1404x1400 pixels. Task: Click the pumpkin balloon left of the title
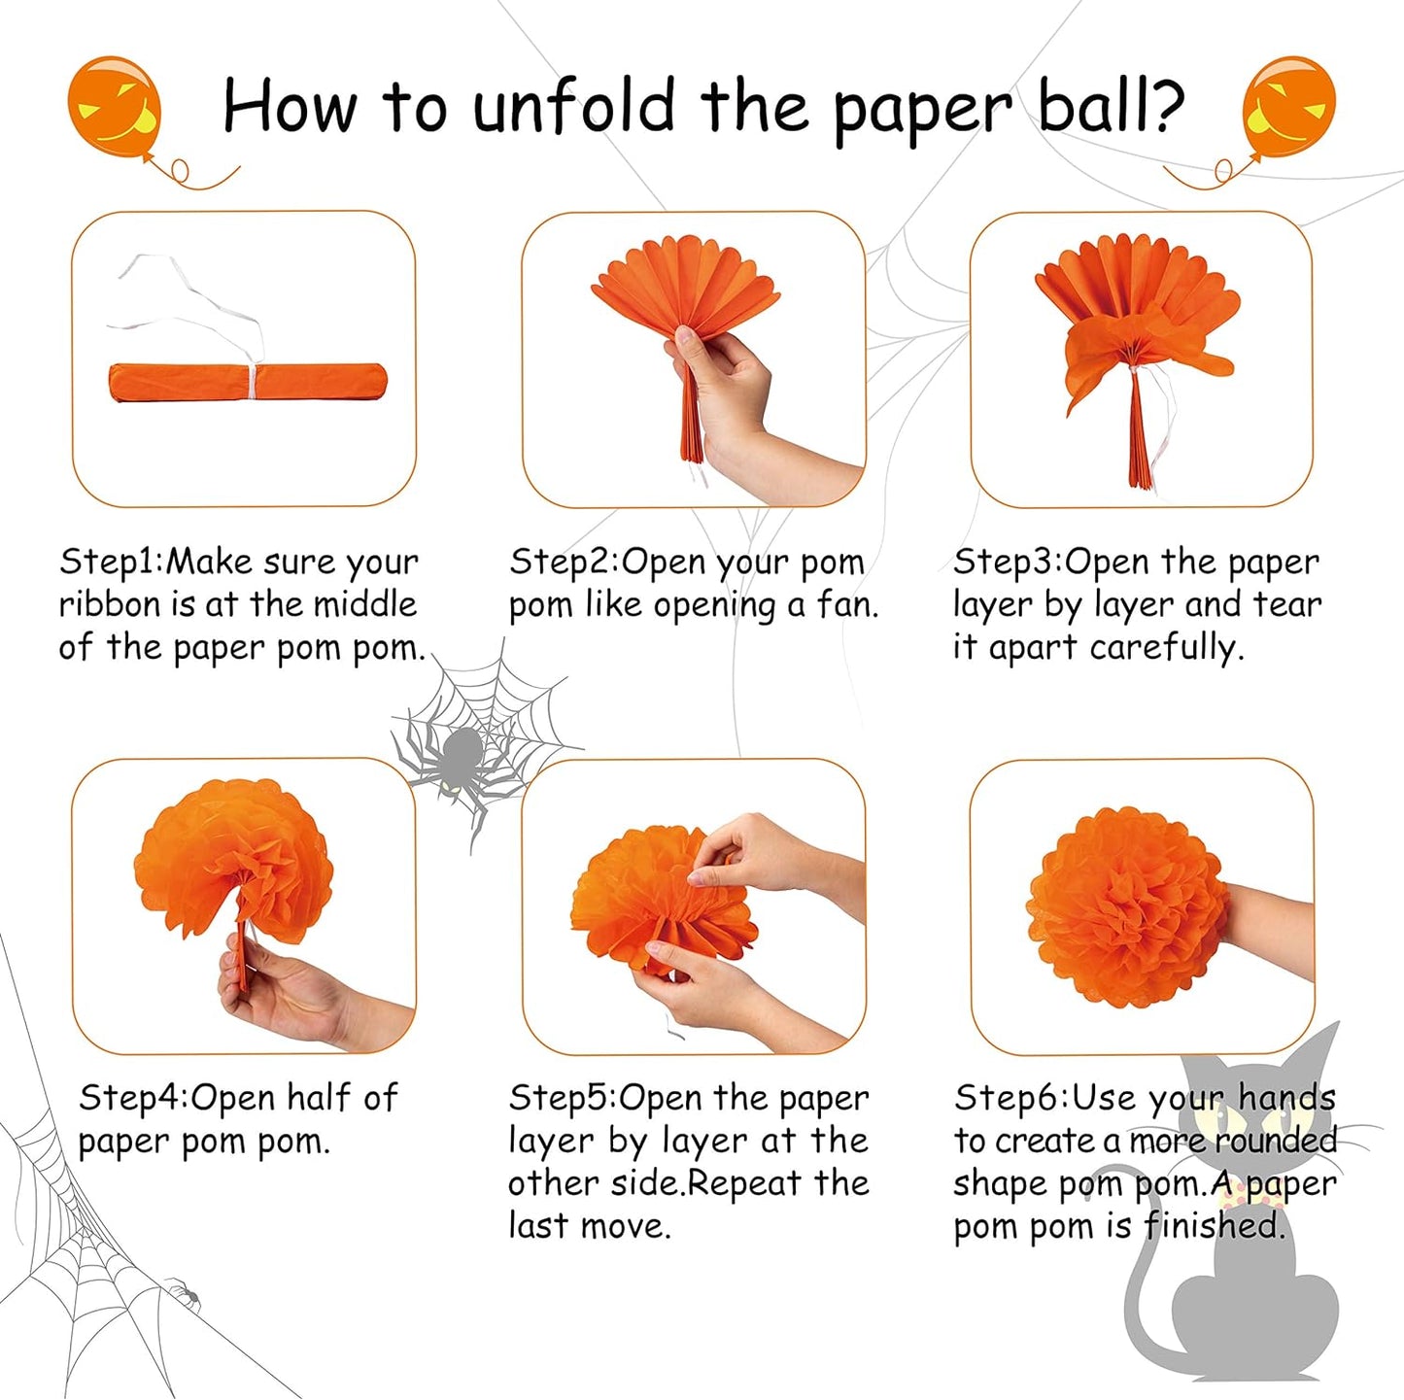(114, 105)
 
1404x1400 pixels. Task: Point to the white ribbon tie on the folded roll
(255, 381)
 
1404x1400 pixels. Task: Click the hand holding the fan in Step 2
(738, 408)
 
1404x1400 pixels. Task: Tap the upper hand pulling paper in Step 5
(768, 855)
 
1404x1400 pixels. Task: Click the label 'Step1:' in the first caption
(112, 562)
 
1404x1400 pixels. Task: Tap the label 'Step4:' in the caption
(134, 1098)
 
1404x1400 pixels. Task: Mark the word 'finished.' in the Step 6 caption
(1214, 1226)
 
